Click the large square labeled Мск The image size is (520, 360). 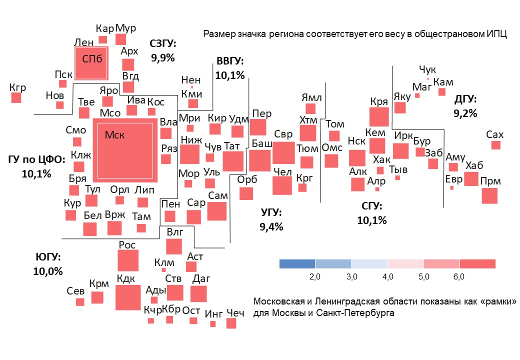coord(125,150)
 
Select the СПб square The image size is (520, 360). coord(91,63)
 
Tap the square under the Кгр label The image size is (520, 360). coord(16,98)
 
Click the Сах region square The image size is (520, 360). coord(495,145)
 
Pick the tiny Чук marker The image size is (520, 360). coord(428,79)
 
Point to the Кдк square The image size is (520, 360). coord(128,297)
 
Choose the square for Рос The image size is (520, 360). coord(128,260)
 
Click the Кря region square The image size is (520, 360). coord(379,116)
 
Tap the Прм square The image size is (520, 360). coord(489,195)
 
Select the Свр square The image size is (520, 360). coord(283,153)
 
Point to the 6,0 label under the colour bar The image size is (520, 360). coord(459,276)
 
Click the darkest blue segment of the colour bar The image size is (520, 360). coord(297,264)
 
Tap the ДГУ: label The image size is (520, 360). coord(465,98)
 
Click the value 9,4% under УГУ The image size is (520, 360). coord(271,226)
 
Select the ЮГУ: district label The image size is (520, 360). coord(48,257)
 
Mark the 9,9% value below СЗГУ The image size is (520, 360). coord(163,57)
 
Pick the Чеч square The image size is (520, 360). coord(231,323)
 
